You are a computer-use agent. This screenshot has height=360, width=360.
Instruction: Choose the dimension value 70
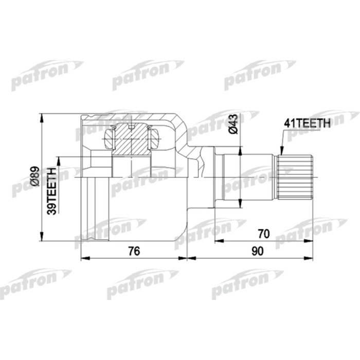[263, 234]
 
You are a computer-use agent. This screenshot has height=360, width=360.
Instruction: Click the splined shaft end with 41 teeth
[295, 177]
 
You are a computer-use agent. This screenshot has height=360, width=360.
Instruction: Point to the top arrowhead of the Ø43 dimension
[240, 149]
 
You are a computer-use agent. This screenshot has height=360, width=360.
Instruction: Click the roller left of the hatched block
[109, 138]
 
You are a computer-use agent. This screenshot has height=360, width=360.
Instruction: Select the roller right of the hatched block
[154, 138]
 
